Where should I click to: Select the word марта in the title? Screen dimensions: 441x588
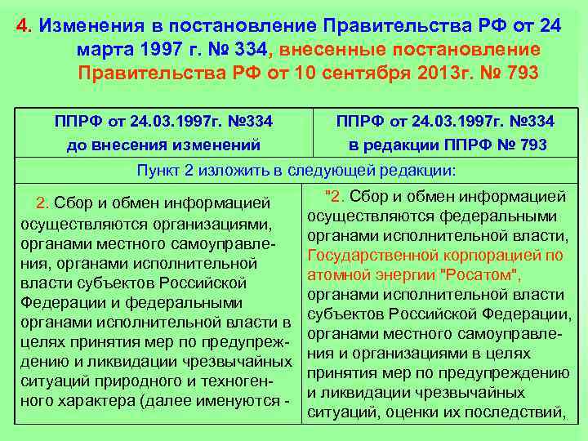pos(108,50)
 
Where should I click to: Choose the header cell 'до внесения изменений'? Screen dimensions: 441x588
pos(163,145)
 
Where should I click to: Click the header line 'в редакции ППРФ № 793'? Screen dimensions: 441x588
pos(448,145)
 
